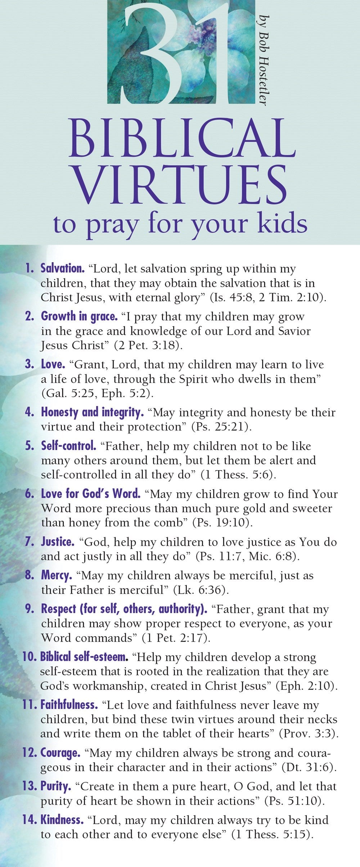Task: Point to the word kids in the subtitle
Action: click(x=284, y=224)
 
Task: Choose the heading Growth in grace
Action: click(x=79, y=316)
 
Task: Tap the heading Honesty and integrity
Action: click(x=92, y=412)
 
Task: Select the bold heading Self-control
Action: click(x=68, y=446)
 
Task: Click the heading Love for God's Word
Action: click(x=91, y=494)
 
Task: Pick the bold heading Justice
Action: click(x=58, y=542)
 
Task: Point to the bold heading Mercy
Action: click(x=57, y=575)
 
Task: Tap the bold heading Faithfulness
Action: click(x=69, y=705)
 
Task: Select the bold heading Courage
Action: click(x=60, y=753)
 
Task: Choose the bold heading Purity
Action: click(x=56, y=786)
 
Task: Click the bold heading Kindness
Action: click(x=62, y=820)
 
